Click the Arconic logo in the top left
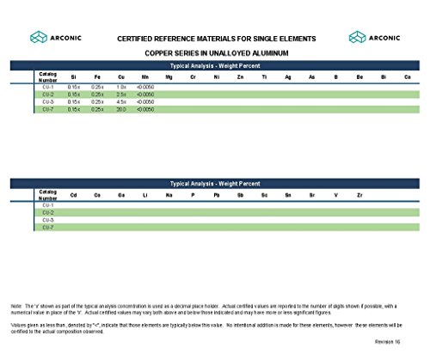click(53, 37)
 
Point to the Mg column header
click(169, 77)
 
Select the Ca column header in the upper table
click(407, 77)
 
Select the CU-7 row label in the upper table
click(48, 110)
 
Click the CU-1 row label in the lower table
click(48, 206)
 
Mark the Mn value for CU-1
click(145, 87)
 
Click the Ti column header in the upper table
click(264, 77)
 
